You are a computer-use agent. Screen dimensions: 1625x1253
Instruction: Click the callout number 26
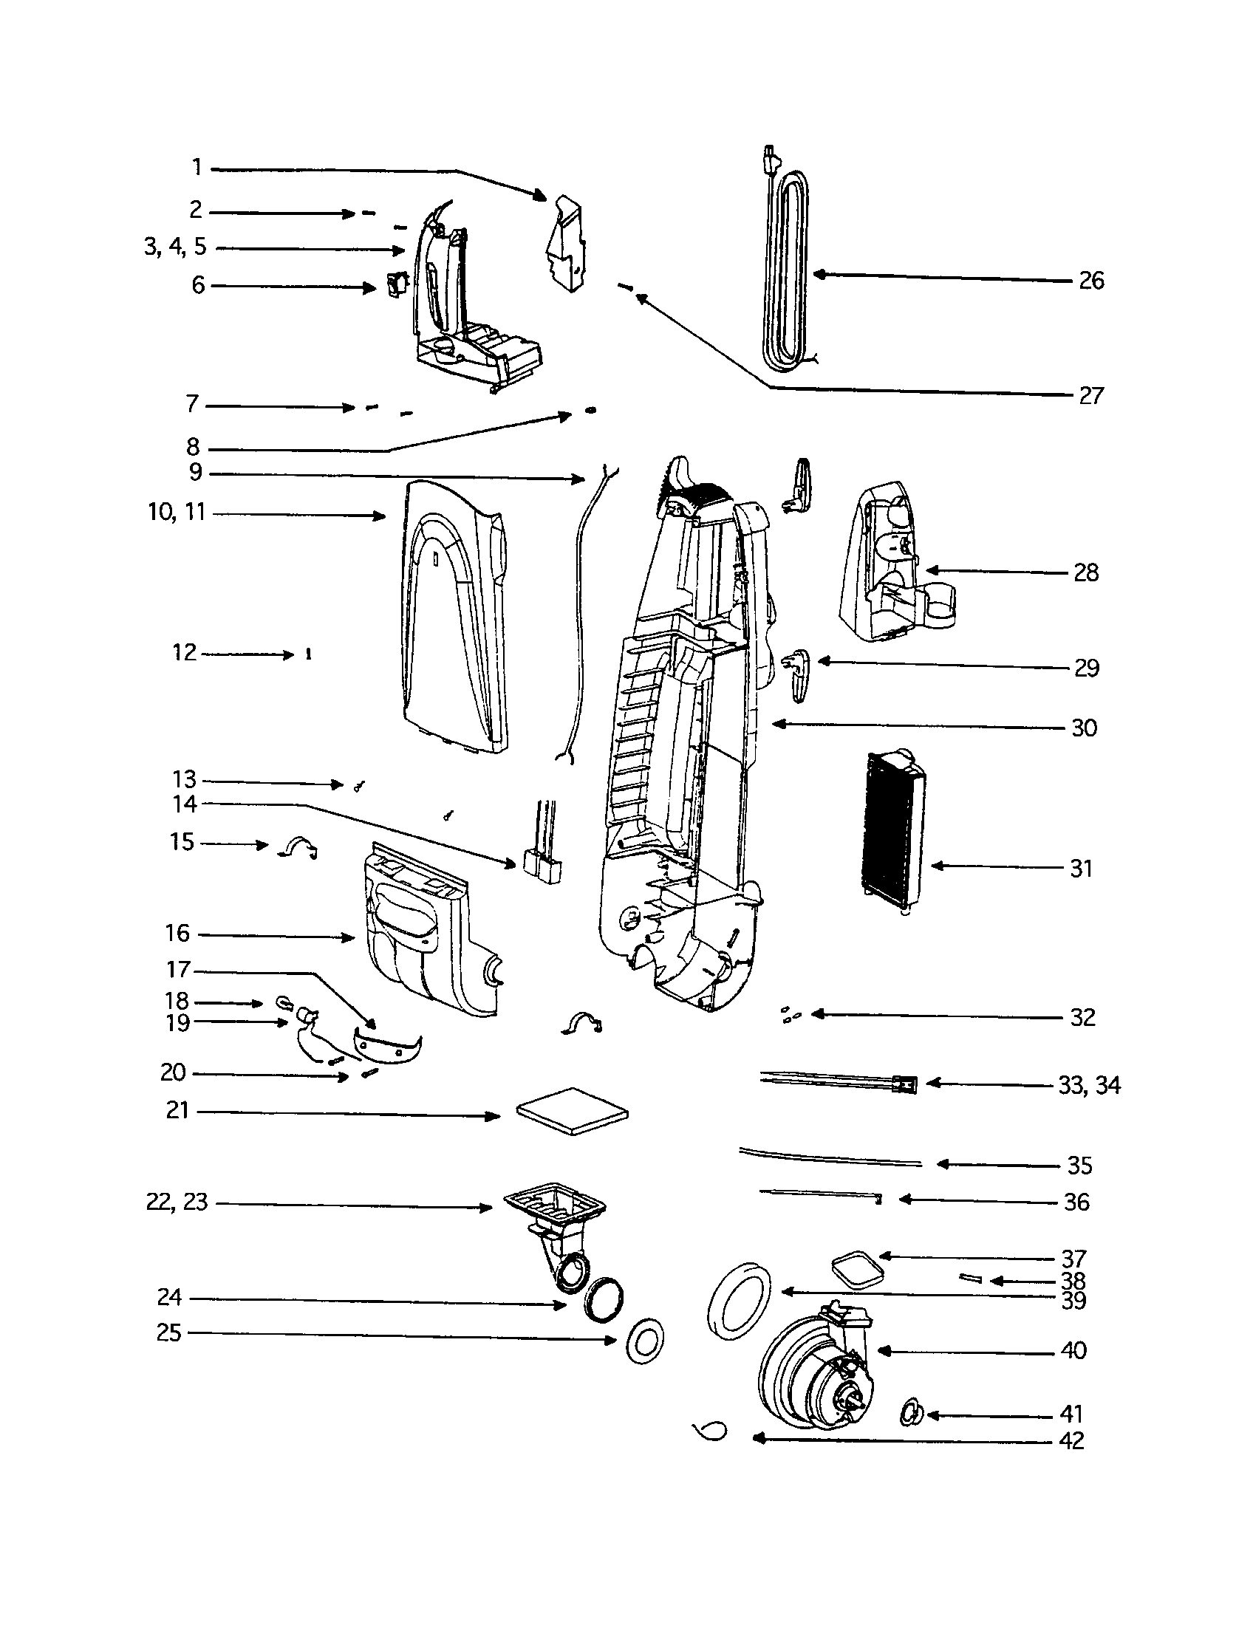(x=1090, y=281)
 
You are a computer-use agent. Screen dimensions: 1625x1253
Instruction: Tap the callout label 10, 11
(x=177, y=513)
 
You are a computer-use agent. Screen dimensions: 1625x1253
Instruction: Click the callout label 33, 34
(x=1088, y=1086)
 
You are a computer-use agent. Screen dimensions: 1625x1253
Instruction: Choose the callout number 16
(x=177, y=933)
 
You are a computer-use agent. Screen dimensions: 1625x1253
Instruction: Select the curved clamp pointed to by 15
(x=298, y=847)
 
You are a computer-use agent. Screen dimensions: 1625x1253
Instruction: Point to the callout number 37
(x=1073, y=1259)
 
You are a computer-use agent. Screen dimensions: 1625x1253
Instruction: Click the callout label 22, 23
(x=177, y=1202)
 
